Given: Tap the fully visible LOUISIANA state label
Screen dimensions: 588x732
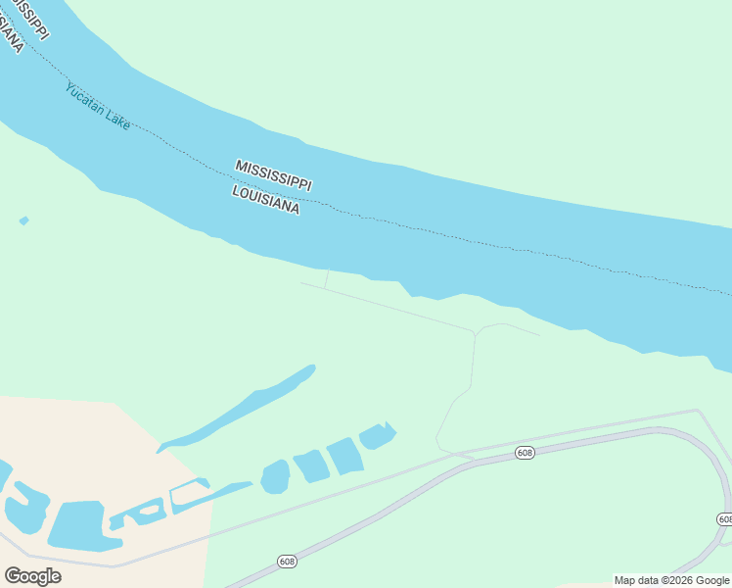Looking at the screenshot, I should (x=265, y=200).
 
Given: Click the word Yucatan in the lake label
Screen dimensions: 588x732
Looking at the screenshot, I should (x=82, y=100).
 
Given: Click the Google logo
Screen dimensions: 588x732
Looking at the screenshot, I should (x=32, y=576).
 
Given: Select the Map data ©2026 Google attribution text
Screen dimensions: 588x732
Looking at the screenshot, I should (x=671, y=580).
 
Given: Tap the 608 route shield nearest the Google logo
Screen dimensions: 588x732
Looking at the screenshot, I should (x=286, y=561).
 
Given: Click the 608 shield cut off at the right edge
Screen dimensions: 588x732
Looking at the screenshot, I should (x=724, y=518).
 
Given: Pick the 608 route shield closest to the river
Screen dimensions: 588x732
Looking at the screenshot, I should (x=526, y=452).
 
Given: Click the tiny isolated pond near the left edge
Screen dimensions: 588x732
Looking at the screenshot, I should (x=23, y=220).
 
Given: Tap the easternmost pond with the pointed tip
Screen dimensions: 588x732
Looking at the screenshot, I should (x=378, y=435).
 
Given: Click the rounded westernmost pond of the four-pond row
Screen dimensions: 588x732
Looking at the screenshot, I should (x=276, y=476).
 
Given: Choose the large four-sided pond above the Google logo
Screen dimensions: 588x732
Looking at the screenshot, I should (x=77, y=525).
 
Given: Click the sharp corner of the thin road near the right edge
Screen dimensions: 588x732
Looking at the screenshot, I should (x=697, y=411).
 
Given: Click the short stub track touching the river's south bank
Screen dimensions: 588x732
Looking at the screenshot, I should (x=326, y=278).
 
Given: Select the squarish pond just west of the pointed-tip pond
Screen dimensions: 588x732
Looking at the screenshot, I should (x=344, y=456).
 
